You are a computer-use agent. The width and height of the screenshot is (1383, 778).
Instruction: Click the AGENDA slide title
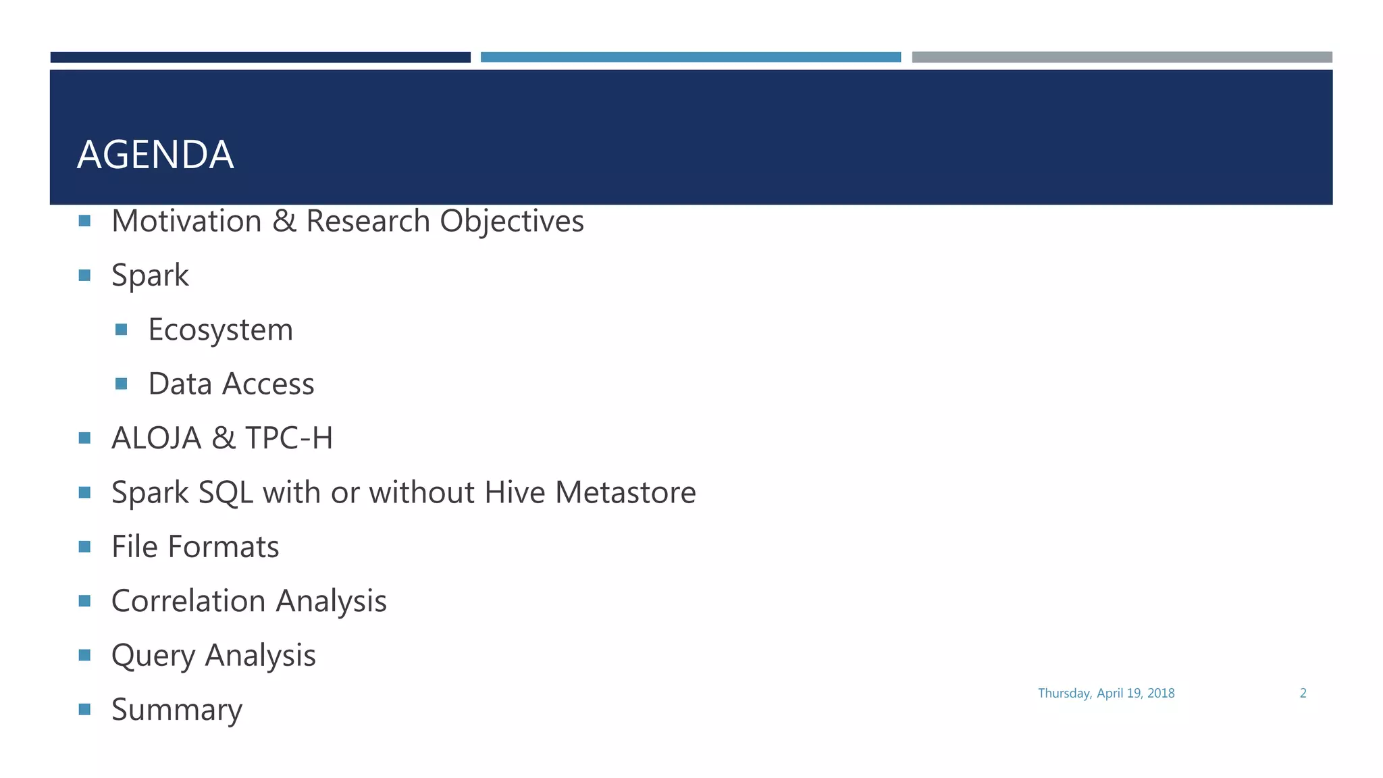coord(155,155)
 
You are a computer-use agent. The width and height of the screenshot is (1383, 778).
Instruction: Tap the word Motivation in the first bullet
coord(186,221)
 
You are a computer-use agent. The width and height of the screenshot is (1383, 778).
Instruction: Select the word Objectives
coord(512,221)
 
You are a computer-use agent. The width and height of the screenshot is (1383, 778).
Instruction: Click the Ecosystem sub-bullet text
coord(220,330)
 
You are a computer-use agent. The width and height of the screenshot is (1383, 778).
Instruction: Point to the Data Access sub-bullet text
coord(231,384)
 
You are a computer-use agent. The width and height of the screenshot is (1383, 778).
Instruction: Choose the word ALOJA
coord(156,438)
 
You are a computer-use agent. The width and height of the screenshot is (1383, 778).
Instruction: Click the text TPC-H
coord(289,438)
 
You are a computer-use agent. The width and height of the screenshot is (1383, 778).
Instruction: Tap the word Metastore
coord(625,492)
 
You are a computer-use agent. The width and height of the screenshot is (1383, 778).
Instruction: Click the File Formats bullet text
coord(195,546)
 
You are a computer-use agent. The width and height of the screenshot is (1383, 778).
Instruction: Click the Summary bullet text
coord(177,709)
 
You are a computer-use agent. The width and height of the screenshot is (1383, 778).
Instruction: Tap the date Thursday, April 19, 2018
coord(1106,693)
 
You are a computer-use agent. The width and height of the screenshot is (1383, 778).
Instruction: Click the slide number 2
coord(1303,693)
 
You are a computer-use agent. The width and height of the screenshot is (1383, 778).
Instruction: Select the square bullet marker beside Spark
coord(84,275)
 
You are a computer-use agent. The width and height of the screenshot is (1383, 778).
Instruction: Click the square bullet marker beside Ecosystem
coord(122,330)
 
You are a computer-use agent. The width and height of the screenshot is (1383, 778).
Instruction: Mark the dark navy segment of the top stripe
coord(260,57)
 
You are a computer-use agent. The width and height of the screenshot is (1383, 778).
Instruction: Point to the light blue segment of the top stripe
coord(690,57)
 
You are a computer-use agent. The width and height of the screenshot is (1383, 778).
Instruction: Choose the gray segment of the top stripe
coord(1122,57)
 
